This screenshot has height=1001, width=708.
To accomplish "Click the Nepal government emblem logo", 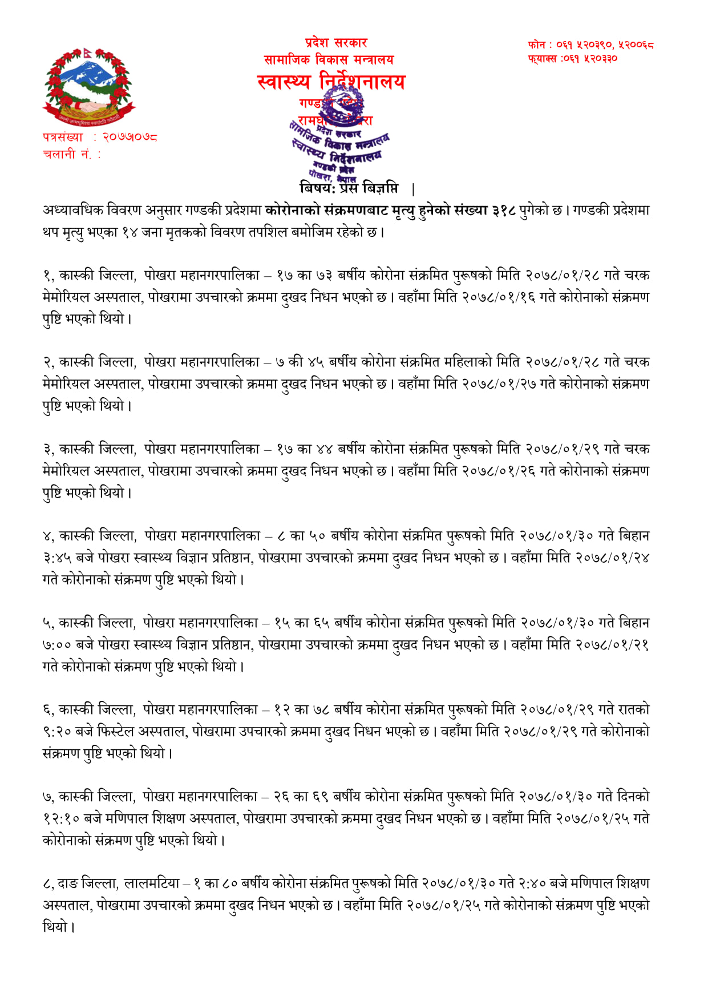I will coord(88,87).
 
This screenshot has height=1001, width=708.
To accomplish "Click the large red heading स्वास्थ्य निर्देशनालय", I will coord(331,82).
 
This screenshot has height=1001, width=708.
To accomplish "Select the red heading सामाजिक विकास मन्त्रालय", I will coord(329,59).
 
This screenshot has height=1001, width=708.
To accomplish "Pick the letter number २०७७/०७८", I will coord(130,138).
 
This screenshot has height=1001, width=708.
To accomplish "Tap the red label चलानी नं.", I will coord(67,154).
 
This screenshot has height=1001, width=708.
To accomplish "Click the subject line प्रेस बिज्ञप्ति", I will coord(373,187).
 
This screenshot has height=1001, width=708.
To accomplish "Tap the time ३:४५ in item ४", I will coord(57,558).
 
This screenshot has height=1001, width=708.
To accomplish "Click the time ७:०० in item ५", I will coord(57,645).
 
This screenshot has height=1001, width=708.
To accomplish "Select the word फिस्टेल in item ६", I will coord(118,732).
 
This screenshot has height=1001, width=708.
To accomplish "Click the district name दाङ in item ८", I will coord(68,883).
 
